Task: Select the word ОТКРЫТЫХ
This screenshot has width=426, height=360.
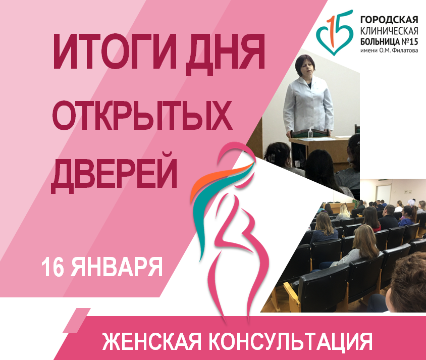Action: pyautogui.click(x=142, y=115)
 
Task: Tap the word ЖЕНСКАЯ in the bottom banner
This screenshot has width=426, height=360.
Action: pyautogui.click(x=152, y=341)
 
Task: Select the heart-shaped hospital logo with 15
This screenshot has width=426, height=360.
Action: pyautogui.click(x=335, y=32)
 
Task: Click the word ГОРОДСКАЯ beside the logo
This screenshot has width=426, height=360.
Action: pyautogui.click(x=389, y=20)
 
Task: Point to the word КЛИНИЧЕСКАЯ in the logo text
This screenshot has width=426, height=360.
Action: pyautogui.click(x=389, y=31)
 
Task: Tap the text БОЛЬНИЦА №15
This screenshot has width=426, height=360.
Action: pyautogui.click(x=389, y=41)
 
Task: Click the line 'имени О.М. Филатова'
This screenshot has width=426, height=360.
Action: pyautogui.click(x=389, y=50)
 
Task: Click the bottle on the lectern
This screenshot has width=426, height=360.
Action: pyautogui.click(x=310, y=133)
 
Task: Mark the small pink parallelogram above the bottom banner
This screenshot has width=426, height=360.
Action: pyautogui.click(x=77, y=321)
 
